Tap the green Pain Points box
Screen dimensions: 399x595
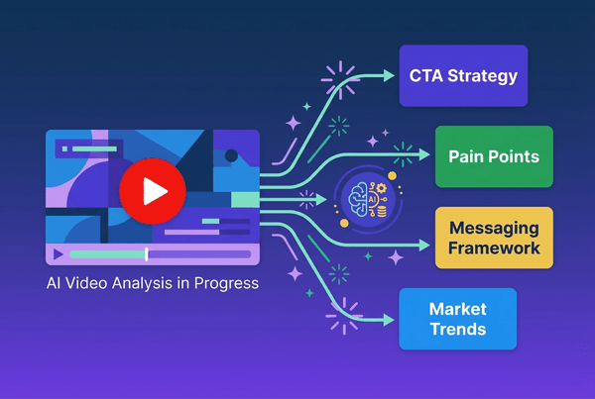[x=493, y=155]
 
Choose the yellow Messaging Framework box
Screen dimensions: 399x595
[x=493, y=237]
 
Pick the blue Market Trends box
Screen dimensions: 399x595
[x=457, y=319]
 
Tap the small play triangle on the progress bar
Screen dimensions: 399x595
[x=59, y=254]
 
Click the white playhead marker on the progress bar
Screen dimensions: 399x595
[x=147, y=254]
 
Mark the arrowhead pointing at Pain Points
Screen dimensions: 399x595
[x=423, y=154]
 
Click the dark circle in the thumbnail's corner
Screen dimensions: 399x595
[x=231, y=155]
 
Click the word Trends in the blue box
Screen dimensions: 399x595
[x=457, y=329]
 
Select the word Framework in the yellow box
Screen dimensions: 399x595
[x=493, y=247]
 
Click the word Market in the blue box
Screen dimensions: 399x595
[x=457, y=310]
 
